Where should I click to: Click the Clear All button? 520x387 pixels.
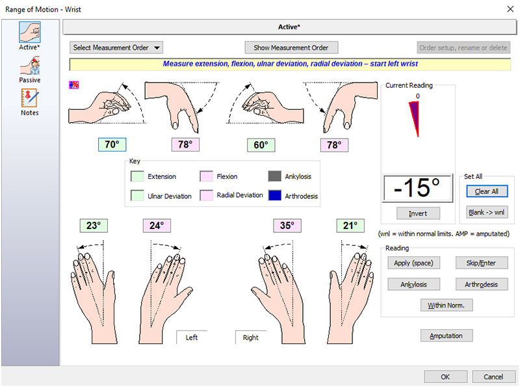[x=486, y=191]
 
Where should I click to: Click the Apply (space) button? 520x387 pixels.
[x=413, y=263]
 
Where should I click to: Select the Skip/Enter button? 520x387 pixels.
[x=482, y=263]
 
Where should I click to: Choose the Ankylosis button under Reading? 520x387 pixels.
[x=413, y=284]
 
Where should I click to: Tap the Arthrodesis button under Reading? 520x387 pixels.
[x=482, y=284]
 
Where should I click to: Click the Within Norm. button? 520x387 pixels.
[x=447, y=305]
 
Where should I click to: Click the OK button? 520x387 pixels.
[x=445, y=377]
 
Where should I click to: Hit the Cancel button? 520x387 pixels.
[x=493, y=377]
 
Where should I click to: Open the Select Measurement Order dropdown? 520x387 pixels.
[x=116, y=47]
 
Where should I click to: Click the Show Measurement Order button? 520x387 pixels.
[x=291, y=47]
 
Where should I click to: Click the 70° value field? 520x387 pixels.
[x=112, y=145]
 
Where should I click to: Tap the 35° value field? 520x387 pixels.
[x=287, y=226]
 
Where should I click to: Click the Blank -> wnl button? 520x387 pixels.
[x=486, y=212]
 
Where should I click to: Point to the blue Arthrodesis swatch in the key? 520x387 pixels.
[x=275, y=195]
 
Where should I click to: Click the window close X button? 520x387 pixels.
[x=509, y=9]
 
